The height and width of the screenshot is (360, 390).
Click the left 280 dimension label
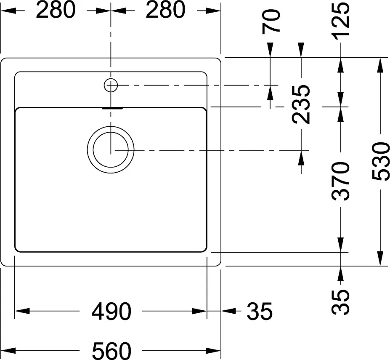[56, 10]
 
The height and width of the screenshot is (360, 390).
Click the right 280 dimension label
[165, 10]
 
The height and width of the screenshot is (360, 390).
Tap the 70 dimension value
[271, 21]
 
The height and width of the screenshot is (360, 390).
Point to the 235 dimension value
[301, 104]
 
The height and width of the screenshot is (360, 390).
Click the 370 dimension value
[341, 181]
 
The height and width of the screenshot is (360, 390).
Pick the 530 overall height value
[381, 161]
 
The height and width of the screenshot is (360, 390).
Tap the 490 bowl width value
[111, 312]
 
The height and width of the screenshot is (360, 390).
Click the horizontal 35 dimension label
[260, 312]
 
